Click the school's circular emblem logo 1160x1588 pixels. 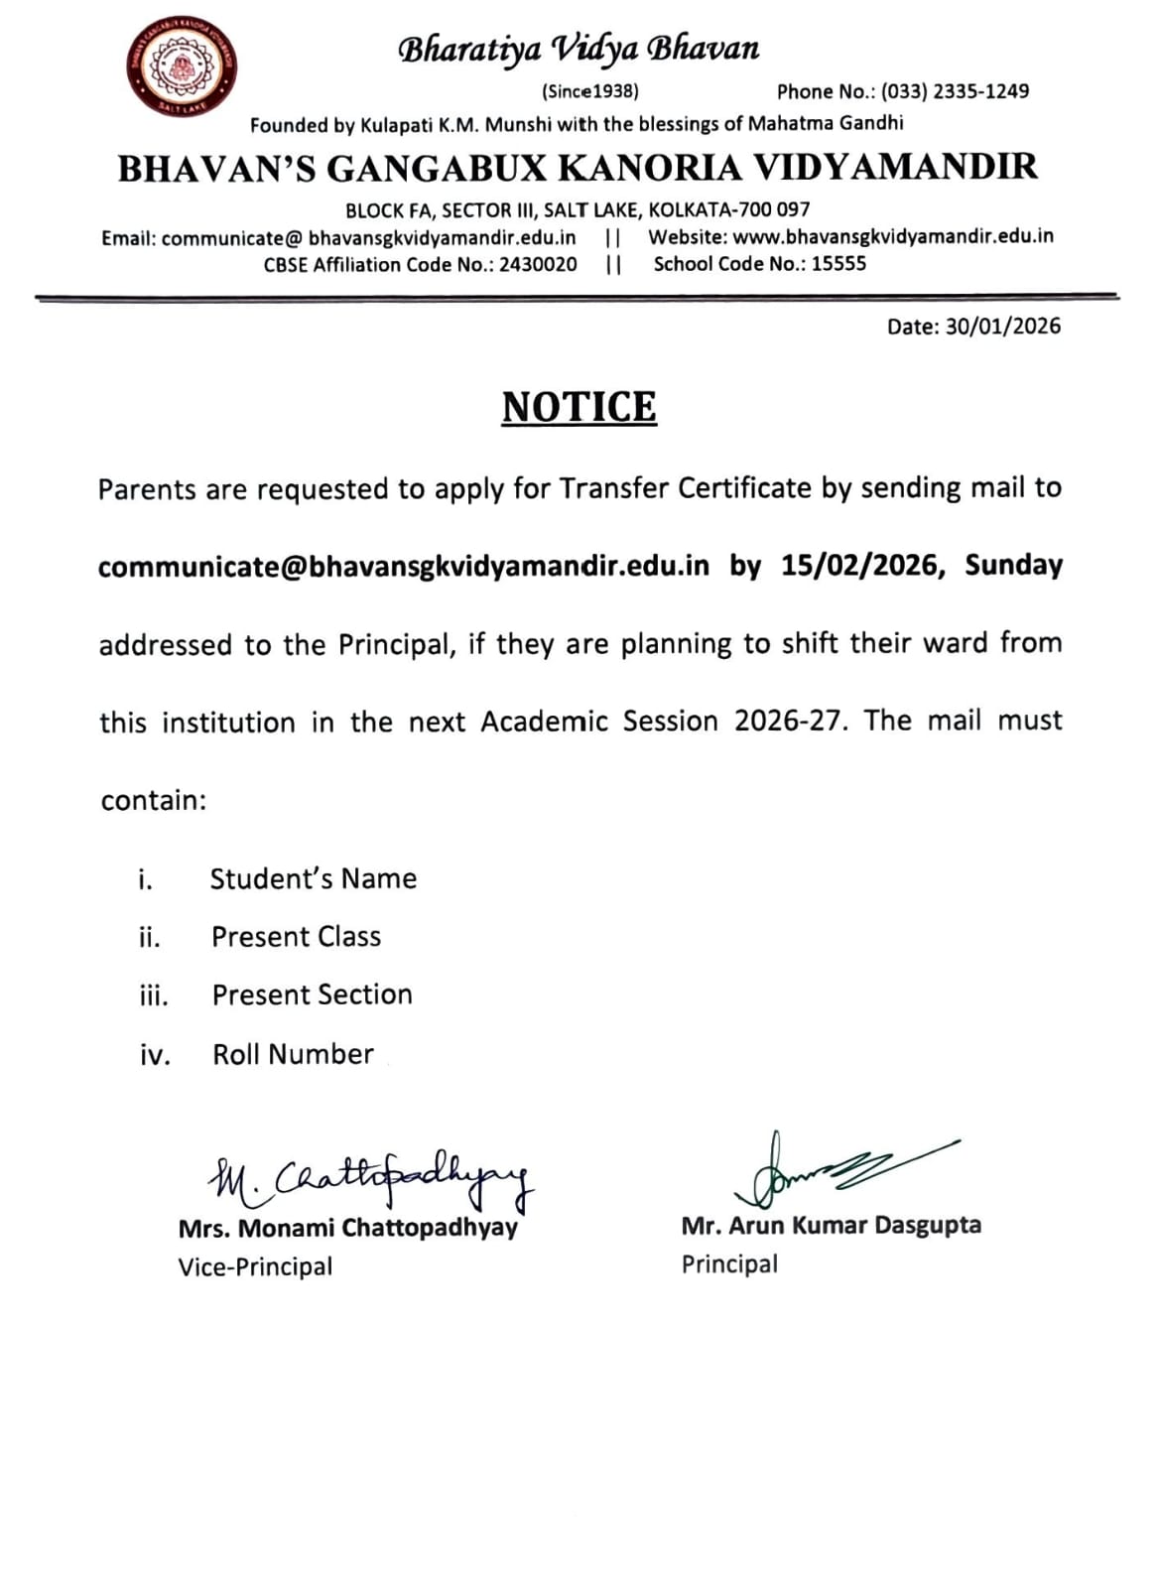click(182, 67)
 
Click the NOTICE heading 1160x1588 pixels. click(579, 408)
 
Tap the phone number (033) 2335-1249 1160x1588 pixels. click(955, 91)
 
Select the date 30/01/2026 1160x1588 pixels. click(1002, 327)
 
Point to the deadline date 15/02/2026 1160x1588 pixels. click(859, 565)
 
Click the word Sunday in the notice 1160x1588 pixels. click(1013, 565)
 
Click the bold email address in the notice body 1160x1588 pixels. click(404, 566)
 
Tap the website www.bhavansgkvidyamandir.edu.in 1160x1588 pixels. click(892, 236)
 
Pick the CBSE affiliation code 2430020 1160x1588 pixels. click(538, 264)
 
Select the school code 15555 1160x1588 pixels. click(838, 264)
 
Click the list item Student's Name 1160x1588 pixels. click(313, 878)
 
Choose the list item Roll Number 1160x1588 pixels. click(293, 1054)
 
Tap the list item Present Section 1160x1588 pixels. click(312, 994)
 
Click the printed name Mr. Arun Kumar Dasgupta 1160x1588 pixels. click(831, 1226)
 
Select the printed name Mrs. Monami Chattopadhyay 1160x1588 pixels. click(347, 1228)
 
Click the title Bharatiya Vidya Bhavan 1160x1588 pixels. click(579, 49)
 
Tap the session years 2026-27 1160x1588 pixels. click(789, 721)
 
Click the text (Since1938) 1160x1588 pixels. click(589, 91)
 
